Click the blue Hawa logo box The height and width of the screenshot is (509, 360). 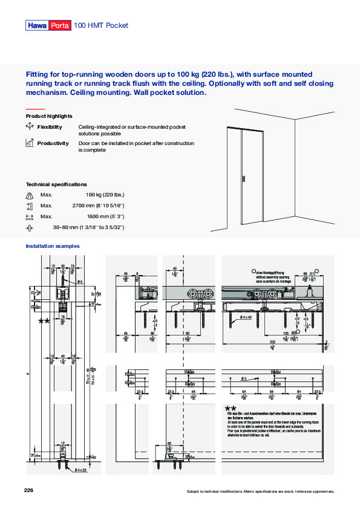point(37,25)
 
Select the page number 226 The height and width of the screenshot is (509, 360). point(29,489)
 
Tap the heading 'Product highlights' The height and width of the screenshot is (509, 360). point(49,115)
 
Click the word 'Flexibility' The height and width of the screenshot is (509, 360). point(50,127)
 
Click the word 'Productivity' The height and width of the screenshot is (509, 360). point(53,143)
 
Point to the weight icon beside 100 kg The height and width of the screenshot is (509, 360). point(30,195)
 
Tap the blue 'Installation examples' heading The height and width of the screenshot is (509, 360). point(53,246)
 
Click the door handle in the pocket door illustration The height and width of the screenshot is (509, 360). point(243,179)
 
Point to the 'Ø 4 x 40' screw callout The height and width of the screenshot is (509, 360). point(246,317)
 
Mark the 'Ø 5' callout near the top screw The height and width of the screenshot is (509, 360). point(80,281)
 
